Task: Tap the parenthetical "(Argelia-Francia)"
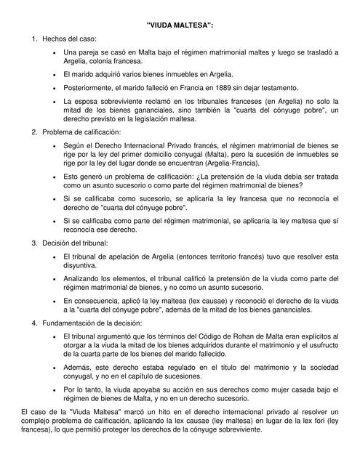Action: pos(244,163)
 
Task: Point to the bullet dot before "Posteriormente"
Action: pos(55,86)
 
